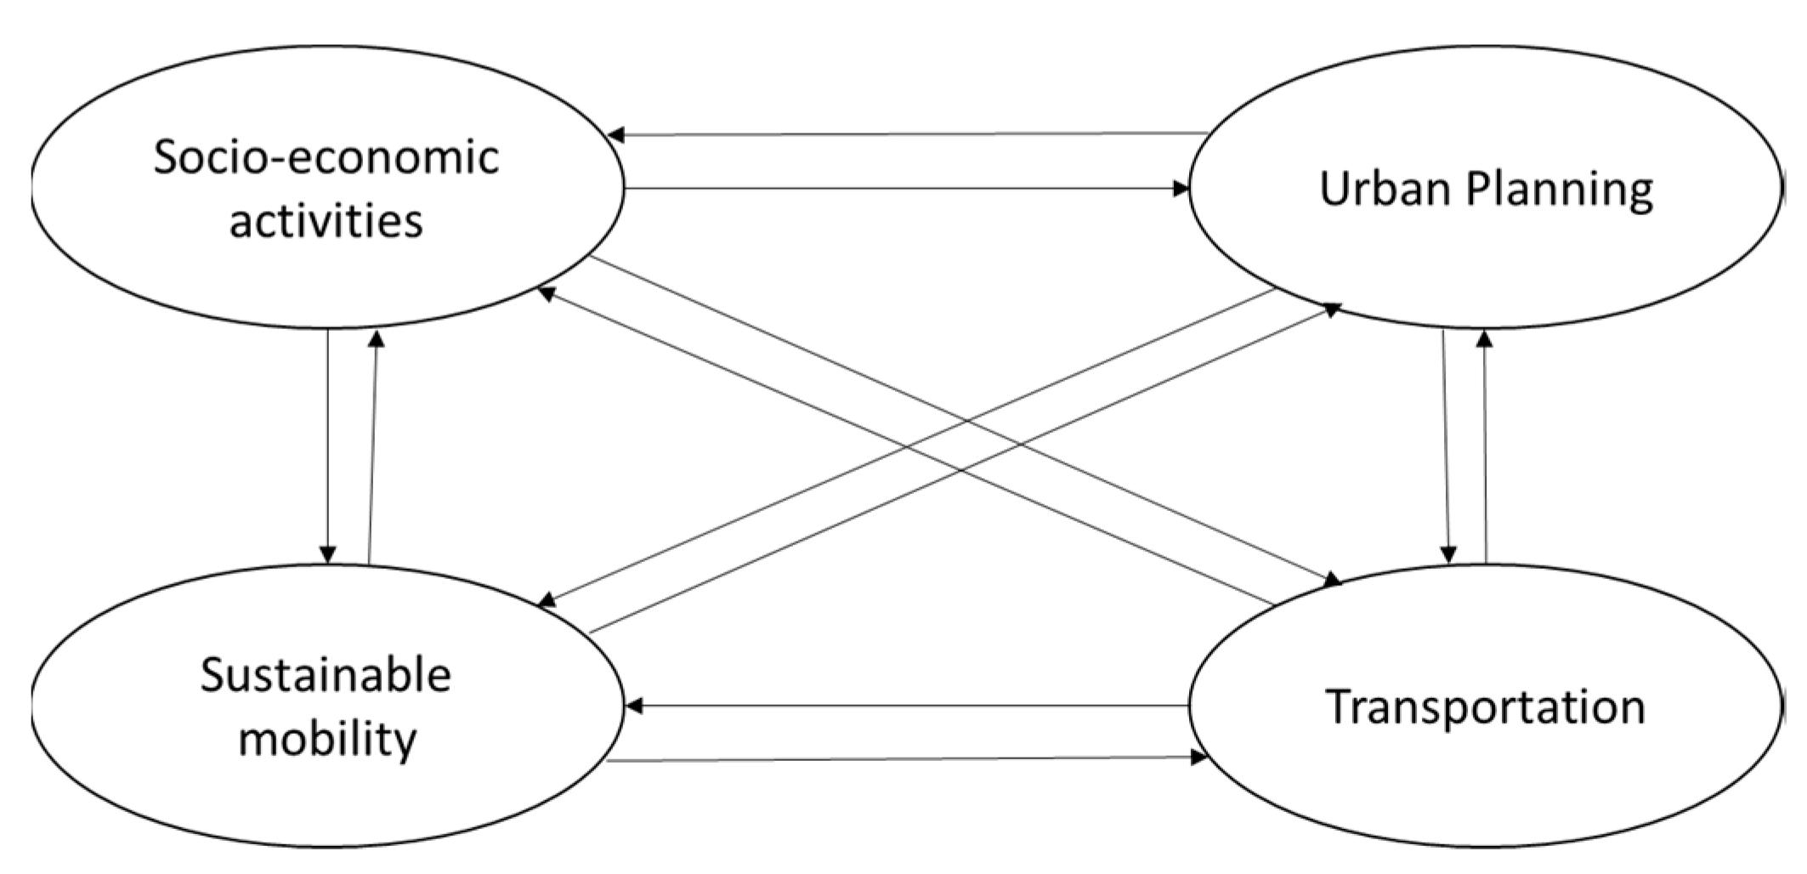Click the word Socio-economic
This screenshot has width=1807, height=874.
pos(326,158)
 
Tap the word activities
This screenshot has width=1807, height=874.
pos(326,221)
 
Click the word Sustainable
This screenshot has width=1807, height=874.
pos(326,676)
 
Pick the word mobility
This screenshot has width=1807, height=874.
pos(327,738)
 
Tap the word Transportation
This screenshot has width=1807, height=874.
pos(1486,707)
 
